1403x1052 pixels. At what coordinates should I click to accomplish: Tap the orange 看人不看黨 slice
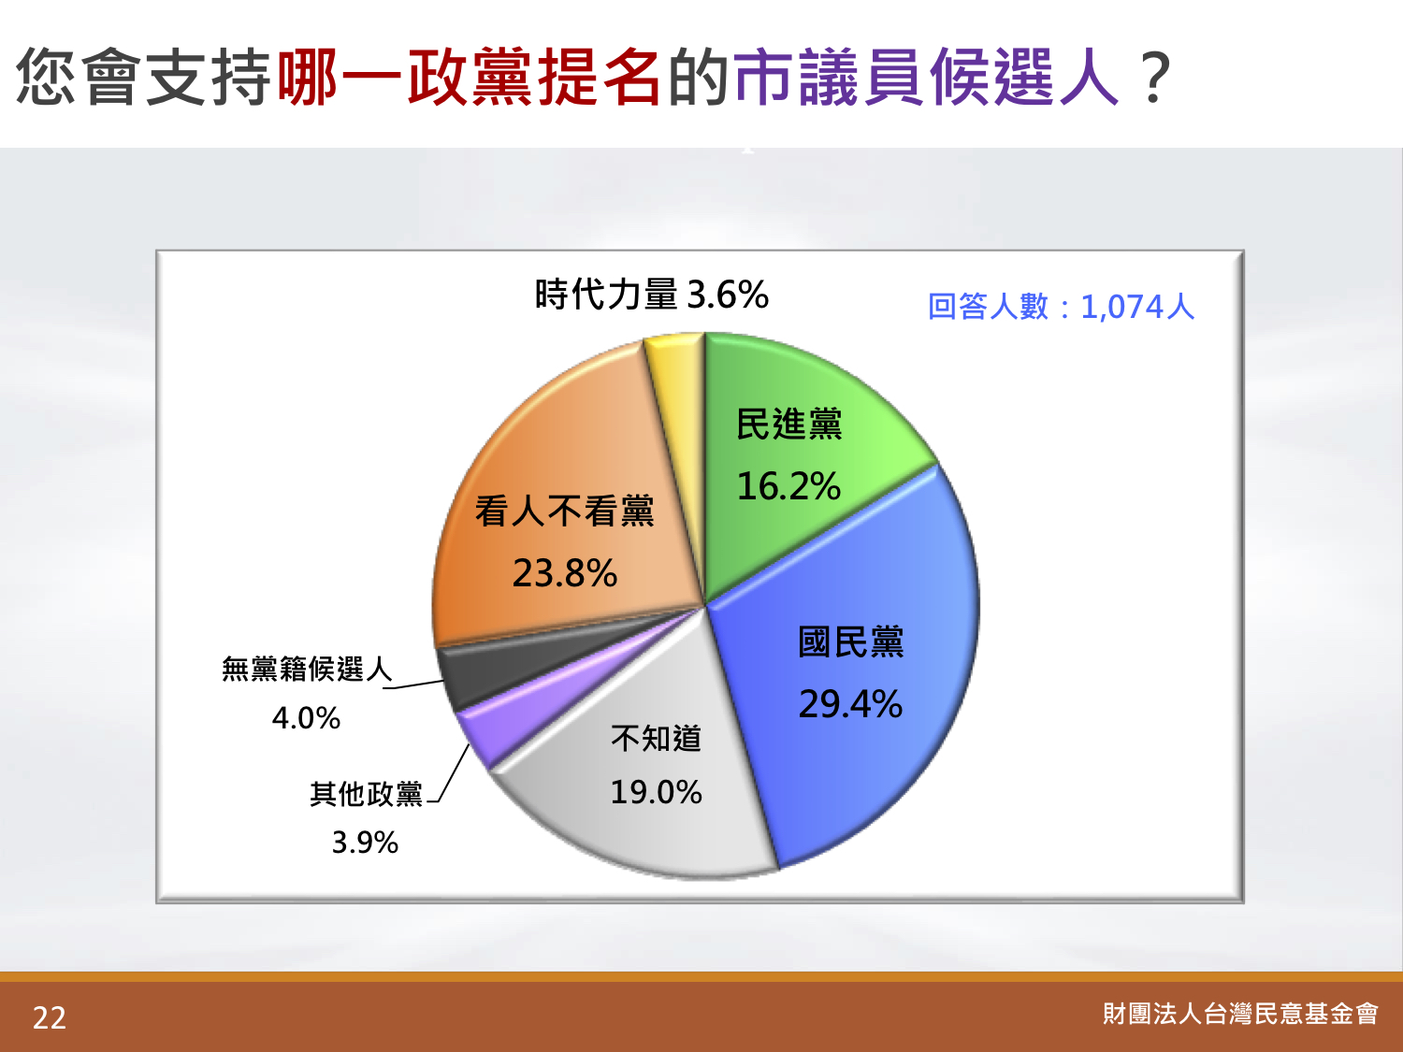point(562,511)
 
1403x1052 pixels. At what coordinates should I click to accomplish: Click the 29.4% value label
point(850,704)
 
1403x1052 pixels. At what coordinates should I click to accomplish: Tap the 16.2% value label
point(788,486)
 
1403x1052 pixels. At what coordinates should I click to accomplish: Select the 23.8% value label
point(564,572)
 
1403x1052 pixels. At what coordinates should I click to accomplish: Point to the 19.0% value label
point(656,792)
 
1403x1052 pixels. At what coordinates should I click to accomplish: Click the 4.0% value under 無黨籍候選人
point(306,718)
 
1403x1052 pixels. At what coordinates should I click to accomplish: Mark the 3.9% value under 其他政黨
point(365,842)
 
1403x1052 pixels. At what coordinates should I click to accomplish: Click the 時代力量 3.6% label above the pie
point(651,295)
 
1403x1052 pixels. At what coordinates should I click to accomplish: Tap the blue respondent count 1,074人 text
point(1137,307)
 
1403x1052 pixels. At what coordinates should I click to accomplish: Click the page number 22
point(50,1017)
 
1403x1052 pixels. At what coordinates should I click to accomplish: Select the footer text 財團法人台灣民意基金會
point(1240,1014)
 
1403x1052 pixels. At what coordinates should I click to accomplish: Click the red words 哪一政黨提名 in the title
point(470,77)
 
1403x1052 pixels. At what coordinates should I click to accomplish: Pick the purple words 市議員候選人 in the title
point(926,77)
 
